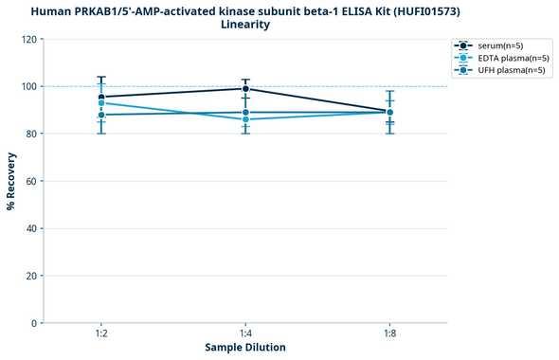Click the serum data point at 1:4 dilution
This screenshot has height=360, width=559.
(245, 89)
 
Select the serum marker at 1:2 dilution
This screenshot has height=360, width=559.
(101, 97)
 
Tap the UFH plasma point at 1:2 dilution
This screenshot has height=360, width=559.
(101, 115)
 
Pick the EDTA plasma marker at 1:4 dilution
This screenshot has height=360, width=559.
(245, 119)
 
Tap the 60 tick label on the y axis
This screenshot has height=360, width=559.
(31, 181)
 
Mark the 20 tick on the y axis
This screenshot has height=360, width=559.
(31, 276)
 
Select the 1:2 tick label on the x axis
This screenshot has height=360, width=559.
(101, 333)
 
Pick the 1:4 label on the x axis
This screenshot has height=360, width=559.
(245, 333)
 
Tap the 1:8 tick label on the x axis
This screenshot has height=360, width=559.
(389, 333)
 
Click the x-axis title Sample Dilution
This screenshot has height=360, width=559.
(245, 348)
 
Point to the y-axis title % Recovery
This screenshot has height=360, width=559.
(11, 181)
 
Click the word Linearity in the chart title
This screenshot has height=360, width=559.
(245, 25)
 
